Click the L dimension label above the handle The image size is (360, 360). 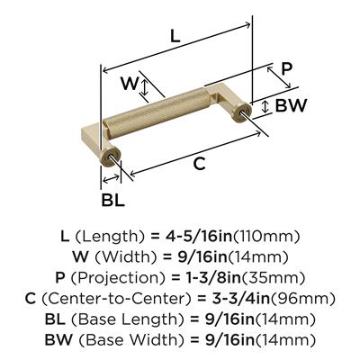click(x=175, y=37)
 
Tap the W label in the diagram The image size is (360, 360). click(x=130, y=83)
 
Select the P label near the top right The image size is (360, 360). click(x=286, y=69)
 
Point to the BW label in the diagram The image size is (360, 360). click(x=291, y=105)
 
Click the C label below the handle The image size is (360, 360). click(x=199, y=164)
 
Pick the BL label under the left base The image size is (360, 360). click(x=112, y=200)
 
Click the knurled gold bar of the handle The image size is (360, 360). click(x=156, y=113)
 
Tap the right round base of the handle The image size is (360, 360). click(x=242, y=110)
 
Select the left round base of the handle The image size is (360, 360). click(x=110, y=156)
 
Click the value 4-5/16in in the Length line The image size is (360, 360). click(x=198, y=237)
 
